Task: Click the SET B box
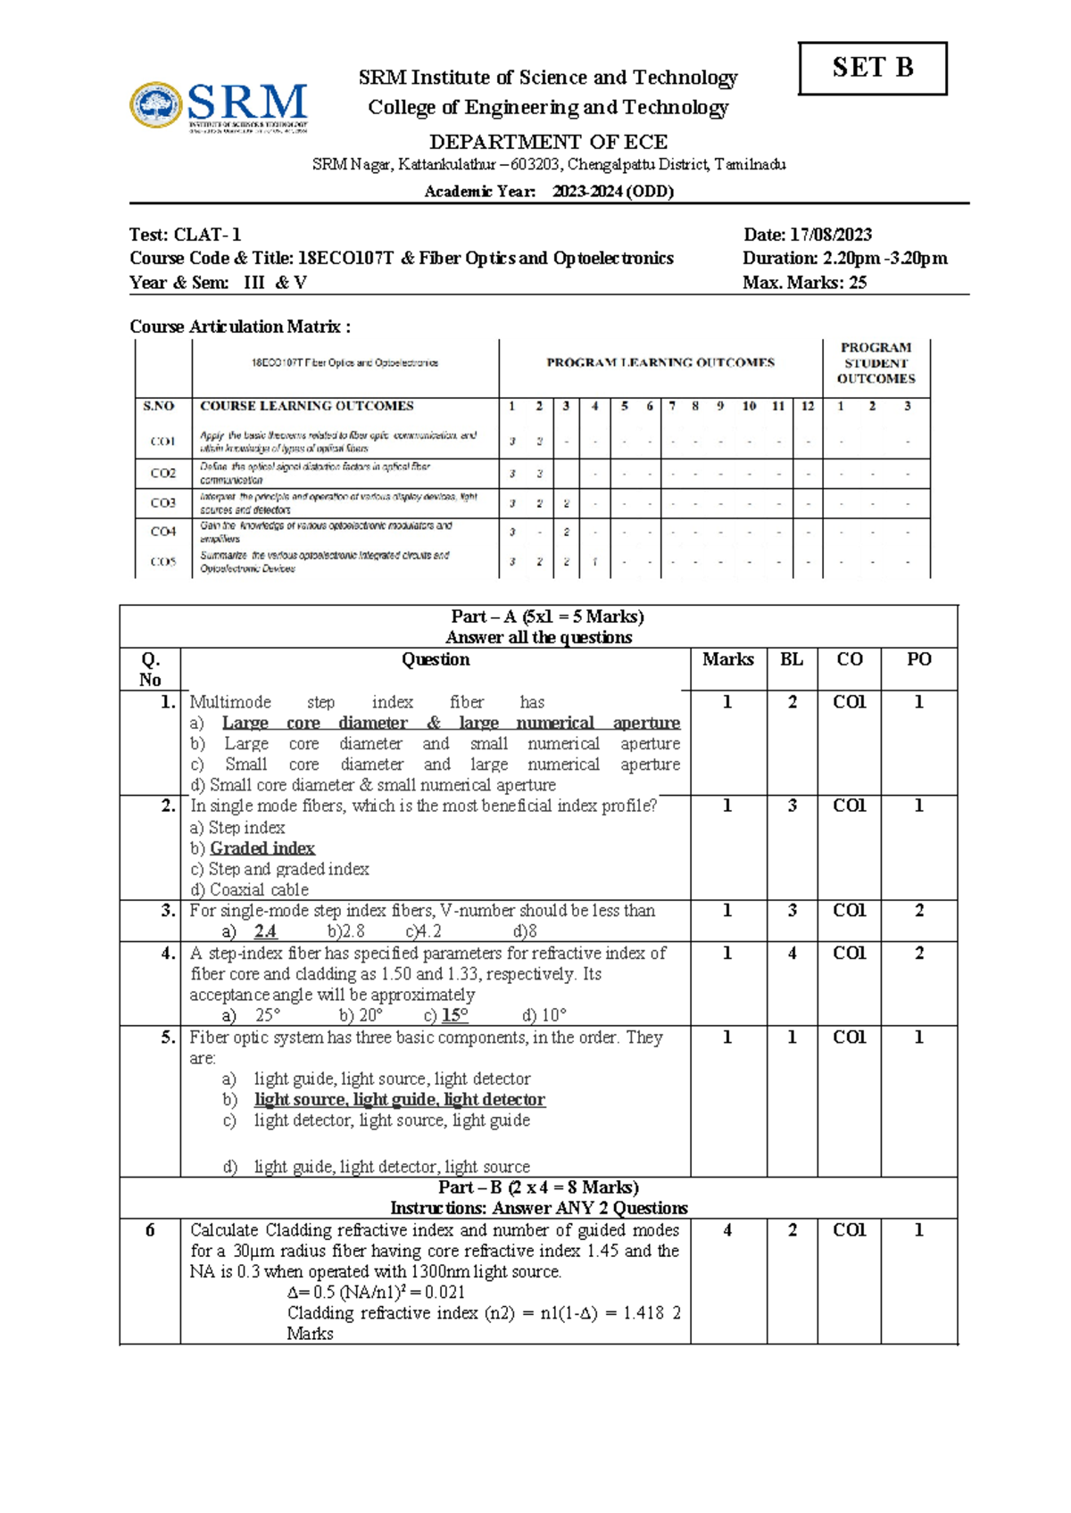[x=872, y=69]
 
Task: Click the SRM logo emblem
[x=156, y=105]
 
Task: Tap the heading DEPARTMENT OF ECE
[x=548, y=142]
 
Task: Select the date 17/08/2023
[x=832, y=235]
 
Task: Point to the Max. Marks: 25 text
[x=804, y=283]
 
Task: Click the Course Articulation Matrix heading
[x=239, y=327]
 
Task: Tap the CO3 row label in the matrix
[x=162, y=503]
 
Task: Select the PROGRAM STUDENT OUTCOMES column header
[x=876, y=363]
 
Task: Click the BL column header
[x=791, y=660]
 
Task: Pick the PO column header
[x=918, y=660]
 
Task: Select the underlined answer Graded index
[x=262, y=848]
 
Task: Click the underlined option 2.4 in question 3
[x=265, y=931]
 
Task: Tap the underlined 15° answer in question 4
[x=454, y=1015]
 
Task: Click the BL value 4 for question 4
[x=792, y=954]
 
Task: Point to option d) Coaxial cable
[x=250, y=889]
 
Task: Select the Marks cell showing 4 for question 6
[x=727, y=1230]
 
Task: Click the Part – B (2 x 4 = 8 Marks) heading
[x=538, y=1187]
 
